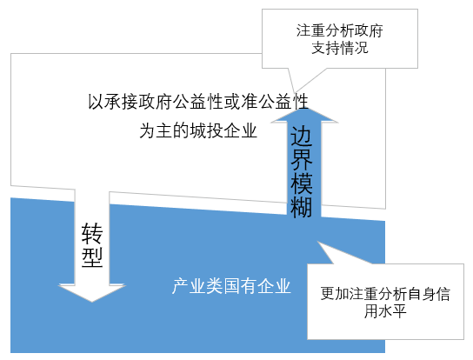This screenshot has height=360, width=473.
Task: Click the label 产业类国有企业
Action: (x=231, y=286)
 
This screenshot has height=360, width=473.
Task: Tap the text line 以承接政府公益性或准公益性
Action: (x=198, y=102)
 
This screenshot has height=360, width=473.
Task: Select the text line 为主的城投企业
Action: (x=198, y=130)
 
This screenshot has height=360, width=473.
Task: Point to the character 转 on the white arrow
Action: (x=92, y=233)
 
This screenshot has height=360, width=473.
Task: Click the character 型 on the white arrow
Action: (x=92, y=257)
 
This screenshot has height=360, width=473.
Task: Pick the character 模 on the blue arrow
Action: (x=301, y=183)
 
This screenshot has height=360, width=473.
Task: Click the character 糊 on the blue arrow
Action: (x=301, y=207)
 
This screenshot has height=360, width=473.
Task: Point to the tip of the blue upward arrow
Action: (x=303, y=108)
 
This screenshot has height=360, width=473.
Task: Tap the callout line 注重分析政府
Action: (x=340, y=30)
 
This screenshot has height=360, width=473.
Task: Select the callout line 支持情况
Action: (x=340, y=48)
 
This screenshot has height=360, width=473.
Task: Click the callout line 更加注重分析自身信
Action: (x=385, y=294)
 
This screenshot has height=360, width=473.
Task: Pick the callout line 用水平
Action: (x=385, y=310)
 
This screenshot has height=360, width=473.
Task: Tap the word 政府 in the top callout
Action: (x=369, y=30)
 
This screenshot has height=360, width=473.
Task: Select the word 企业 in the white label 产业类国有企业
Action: (x=274, y=286)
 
